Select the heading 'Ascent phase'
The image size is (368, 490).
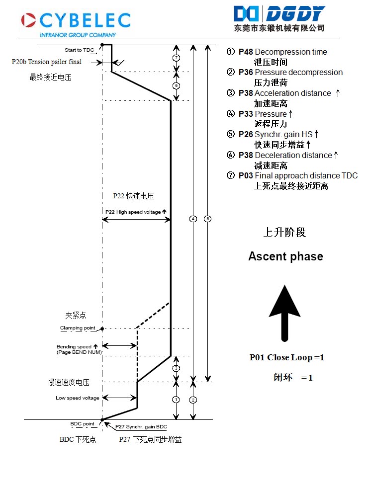click(x=285, y=256)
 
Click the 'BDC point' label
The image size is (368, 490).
click(x=82, y=424)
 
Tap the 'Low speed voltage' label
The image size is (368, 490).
click(x=77, y=398)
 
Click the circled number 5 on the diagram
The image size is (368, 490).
click(x=207, y=219)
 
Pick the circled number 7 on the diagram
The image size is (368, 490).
click(x=176, y=58)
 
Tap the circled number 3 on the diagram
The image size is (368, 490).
click(x=176, y=368)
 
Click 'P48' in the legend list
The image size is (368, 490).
click(x=245, y=52)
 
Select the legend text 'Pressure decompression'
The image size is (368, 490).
click(x=298, y=73)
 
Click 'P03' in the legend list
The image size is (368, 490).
click(x=245, y=176)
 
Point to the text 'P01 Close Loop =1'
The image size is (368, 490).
click(x=287, y=358)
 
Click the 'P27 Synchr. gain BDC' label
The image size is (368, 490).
click(x=141, y=427)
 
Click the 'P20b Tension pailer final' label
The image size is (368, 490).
click(x=47, y=62)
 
